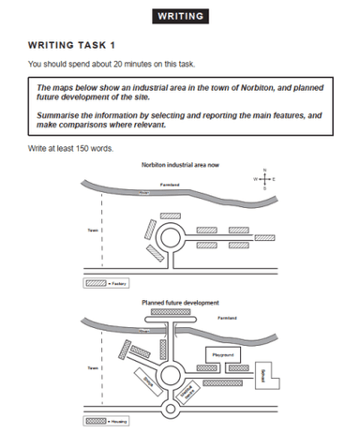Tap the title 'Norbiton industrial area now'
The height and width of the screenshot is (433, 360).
tap(179, 164)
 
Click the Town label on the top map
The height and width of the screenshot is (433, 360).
tap(91, 228)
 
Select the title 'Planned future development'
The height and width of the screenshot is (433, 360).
tap(180, 303)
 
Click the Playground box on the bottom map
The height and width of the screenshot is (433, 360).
tap(221, 355)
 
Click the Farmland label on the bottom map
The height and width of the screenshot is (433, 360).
tap(229, 319)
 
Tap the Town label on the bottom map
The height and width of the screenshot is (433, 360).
tap(91, 368)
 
